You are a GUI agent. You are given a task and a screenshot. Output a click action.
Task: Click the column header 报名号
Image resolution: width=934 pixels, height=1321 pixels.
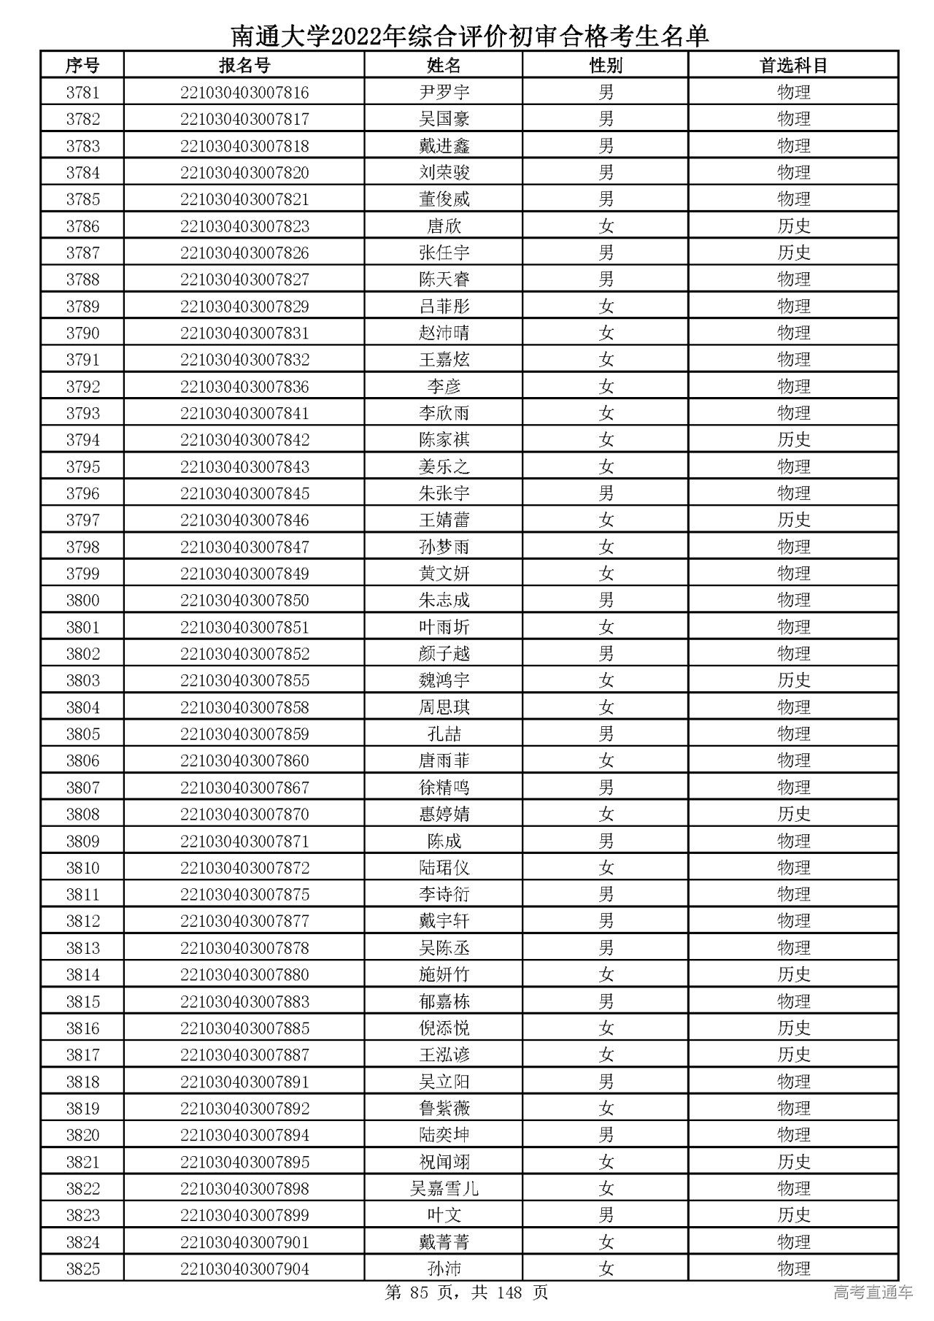(244, 66)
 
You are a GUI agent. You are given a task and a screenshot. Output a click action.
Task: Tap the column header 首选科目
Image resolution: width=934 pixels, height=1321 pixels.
(793, 66)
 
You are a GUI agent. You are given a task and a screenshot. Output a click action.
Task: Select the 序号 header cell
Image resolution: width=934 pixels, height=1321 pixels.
(82, 66)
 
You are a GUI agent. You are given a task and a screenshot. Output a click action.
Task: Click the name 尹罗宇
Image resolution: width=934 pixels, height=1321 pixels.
(444, 93)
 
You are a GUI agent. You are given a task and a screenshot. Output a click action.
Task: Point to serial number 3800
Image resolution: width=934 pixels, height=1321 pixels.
(82, 601)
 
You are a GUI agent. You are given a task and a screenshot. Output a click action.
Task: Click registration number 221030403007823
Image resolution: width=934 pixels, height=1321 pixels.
(244, 226)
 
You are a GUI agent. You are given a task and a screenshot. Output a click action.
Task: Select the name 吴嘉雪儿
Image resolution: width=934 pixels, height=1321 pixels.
(444, 1189)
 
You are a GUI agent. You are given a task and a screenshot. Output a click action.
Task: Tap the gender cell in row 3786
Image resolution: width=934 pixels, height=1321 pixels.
(606, 226)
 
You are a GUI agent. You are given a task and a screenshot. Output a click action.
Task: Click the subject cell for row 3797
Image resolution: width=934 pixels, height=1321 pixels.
(793, 520)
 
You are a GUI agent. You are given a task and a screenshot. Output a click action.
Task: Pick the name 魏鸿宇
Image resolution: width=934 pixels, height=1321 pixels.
(444, 681)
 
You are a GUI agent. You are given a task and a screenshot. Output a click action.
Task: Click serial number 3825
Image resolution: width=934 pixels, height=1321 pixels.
(82, 1269)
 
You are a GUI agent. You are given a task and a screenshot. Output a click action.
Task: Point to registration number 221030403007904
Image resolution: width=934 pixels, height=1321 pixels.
(244, 1269)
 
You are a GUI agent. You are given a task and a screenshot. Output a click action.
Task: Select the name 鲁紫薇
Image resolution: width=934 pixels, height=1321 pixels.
(444, 1109)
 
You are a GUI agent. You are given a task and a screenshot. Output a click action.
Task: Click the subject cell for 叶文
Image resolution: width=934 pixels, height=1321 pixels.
(793, 1216)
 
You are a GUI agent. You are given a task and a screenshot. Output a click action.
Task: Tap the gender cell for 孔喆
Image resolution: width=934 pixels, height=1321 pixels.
(606, 734)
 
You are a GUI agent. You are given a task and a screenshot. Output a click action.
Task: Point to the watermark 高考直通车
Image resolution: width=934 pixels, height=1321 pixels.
(873, 1293)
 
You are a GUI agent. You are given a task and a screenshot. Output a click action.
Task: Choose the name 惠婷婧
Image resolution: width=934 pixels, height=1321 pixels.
(444, 814)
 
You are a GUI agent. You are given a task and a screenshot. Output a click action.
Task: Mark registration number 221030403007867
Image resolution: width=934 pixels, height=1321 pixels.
(244, 787)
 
